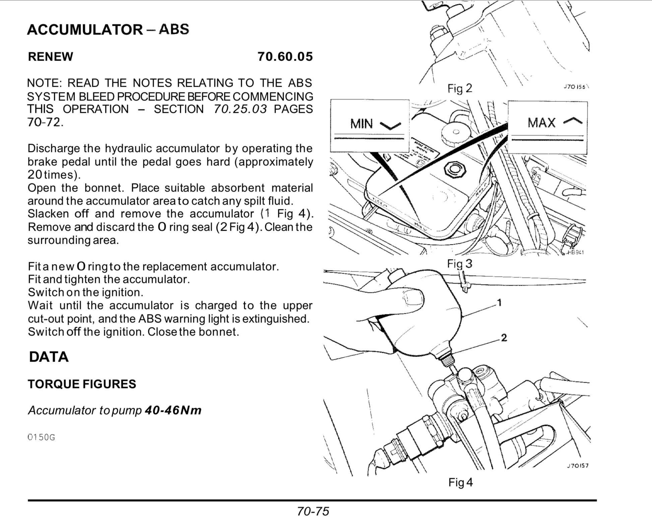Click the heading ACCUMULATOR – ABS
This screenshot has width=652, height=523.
point(108,29)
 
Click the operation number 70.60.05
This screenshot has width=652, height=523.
point(285,56)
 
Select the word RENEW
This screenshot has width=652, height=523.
point(50,57)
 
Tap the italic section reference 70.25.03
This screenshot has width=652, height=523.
point(241,109)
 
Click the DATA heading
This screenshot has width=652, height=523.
point(49,357)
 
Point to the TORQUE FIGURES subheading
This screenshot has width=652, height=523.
point(82,384)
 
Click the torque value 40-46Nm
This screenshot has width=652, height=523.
point(173,410)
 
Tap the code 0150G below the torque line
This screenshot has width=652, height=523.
point(41,437)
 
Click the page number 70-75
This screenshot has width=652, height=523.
point(313,511)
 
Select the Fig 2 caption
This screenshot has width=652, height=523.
point(460,88)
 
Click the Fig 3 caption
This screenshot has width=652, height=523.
point(460,264)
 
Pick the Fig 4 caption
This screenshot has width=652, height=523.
point(460,482)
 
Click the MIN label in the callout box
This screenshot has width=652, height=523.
point(362,124)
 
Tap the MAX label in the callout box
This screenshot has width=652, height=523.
point(541,123)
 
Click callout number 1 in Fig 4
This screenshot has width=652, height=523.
point(499,303)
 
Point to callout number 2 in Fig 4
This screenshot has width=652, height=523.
point(504,338)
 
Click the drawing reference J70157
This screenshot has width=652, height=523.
point(578,465)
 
